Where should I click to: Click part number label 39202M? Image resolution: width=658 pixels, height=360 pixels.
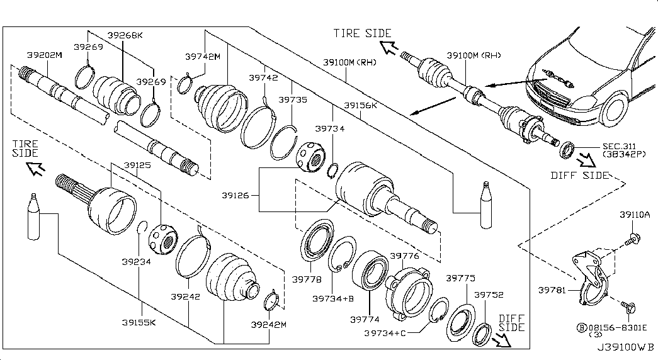(44, 55)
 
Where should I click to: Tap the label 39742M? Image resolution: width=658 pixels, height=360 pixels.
(203, 57)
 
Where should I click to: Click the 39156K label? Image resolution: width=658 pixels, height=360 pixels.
(360, 106)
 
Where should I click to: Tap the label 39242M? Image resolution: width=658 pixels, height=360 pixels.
(269, 325)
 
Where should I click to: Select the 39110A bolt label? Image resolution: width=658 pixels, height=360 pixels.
(634, 215)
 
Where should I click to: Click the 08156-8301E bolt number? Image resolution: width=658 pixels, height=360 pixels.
(618, 328)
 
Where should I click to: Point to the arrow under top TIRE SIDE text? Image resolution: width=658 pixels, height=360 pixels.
(389, 46)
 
